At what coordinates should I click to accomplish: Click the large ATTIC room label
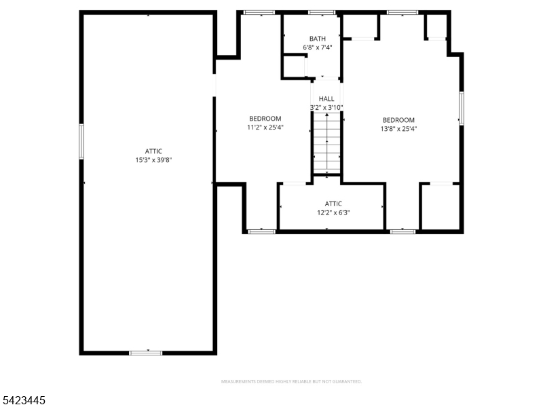pyautogui.click(x=153, y=151)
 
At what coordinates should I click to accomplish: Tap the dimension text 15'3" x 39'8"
pyautogui.click(x=153, y=161)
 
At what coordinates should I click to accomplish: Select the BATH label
pyautogui.click(x=317, y=39)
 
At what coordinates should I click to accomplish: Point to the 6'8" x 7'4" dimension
pyautogui.click(x=317, y=47)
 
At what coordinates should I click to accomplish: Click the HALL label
pyautogui.click(x=326, y=98)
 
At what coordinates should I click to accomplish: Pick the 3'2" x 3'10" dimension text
pyautogui.click(x=326, y=107)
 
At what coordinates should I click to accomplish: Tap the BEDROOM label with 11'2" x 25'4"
pyautogui.click(x=265, y=119)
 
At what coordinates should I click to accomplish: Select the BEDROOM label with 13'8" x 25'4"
pyautogui.click(x=398, y=119)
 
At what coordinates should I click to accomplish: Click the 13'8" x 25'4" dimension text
pyautogui.click(x=398, y=128)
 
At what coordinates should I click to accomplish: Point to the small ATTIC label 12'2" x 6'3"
pyautogui.click(x=333, y=203)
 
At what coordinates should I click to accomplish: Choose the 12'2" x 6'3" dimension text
pyautogui.click(x=333, y=212)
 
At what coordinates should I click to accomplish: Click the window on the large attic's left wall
pyautogui.click(x=81, y=142)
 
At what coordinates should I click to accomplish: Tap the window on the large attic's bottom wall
pyautogui.click(x=146, y=353)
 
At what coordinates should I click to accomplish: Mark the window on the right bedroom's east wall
pyautogui.click(x=462, y=109)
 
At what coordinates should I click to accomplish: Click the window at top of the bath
pyautogui.click(x=322, y=12)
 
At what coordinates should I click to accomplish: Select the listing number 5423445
pyautogui.click(x=23, y=401)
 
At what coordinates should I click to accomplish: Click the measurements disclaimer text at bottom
pyautogui.click(x=291, y=382)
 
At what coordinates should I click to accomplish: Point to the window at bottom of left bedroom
pyautogui.click(x=261, y=232)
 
